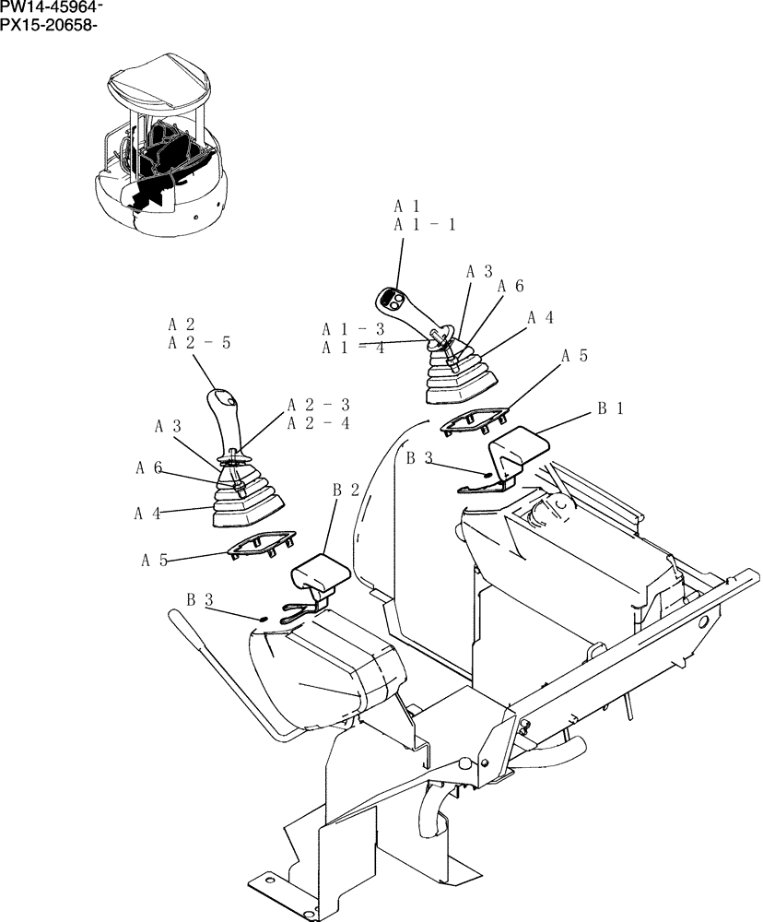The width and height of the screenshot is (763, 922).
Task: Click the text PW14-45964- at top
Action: [52, 8]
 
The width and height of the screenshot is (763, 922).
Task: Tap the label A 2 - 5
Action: [199, 343]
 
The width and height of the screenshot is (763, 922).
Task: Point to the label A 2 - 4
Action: [318, 423]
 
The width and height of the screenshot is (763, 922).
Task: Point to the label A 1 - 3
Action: [353, 328]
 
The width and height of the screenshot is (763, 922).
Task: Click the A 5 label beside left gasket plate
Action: [156, 559]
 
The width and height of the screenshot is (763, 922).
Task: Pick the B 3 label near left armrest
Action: [201, 600]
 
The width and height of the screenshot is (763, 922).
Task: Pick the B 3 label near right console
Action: [420, 457]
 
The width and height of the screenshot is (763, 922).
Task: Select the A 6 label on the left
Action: [149, 468]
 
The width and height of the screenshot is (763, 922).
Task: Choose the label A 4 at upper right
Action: [540, 317]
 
